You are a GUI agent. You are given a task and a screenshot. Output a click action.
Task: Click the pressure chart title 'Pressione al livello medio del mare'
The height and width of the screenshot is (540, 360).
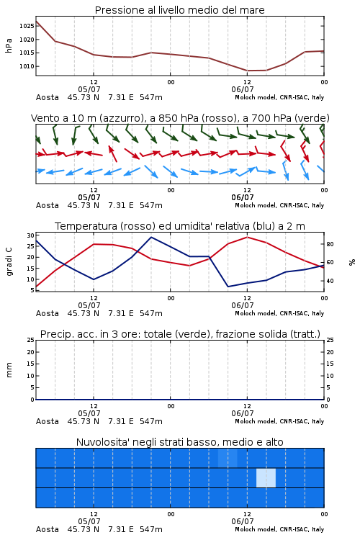pos(179,10)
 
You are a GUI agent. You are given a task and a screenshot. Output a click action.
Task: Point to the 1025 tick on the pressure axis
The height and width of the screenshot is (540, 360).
pos(27,26)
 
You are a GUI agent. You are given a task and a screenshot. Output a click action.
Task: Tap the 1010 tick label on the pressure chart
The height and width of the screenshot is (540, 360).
pos(27,66)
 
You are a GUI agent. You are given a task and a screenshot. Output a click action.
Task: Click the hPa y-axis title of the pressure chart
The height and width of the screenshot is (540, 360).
pos(9,45)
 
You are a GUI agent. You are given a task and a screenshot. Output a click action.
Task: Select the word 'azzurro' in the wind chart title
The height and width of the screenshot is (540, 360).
pos(121,119)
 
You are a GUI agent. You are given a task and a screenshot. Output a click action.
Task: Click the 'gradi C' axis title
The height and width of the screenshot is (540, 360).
pos(9,262)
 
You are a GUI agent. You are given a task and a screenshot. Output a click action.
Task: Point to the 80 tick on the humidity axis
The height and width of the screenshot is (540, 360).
pos(330,244)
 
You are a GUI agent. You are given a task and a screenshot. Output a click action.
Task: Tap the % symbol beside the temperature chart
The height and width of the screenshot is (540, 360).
pos(352,262)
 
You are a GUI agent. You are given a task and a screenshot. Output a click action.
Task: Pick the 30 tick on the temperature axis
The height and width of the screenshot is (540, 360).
pos(31,235)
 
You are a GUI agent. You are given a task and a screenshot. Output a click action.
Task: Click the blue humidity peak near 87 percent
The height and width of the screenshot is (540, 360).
pos(151,237)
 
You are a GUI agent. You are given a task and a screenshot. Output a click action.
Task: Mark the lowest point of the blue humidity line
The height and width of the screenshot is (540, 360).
pos(228,287)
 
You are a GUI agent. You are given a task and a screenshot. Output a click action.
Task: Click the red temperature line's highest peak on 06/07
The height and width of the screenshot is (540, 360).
pos(247,237)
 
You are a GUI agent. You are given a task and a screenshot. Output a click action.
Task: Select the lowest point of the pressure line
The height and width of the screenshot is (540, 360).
pos(248,71)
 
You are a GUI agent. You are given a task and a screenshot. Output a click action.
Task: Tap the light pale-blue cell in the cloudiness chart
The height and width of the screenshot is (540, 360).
pos(266,477)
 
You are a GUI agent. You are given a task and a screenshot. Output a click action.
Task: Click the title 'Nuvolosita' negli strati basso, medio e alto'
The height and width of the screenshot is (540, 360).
pos(179,442)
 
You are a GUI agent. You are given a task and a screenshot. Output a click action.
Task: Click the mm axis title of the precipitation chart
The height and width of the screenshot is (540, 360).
pos(9,370)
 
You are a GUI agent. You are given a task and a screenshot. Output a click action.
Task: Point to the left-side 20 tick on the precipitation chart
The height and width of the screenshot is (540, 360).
pos(31,352)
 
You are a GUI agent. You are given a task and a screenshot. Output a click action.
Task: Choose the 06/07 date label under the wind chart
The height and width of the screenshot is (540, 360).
pos(243,197)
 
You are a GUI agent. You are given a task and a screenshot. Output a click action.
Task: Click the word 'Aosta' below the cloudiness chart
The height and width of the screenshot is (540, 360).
pos(48,529)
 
